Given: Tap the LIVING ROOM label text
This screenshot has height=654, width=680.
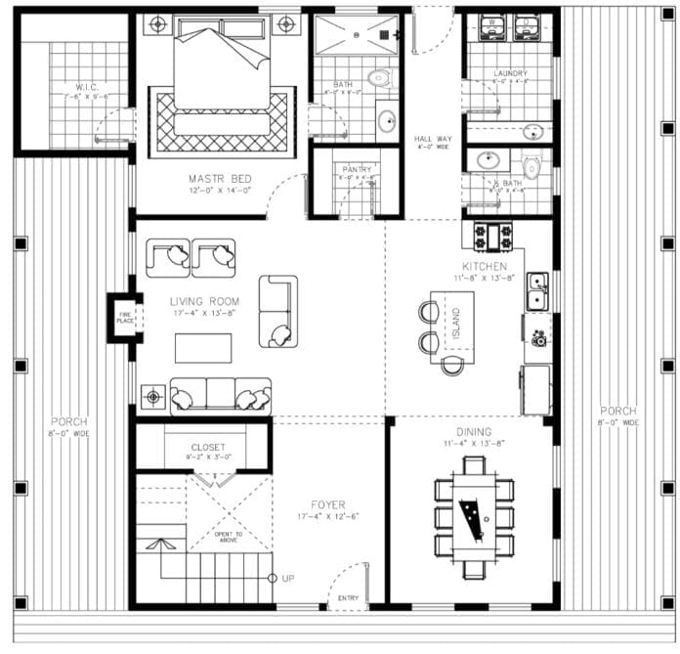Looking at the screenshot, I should coord(204,301).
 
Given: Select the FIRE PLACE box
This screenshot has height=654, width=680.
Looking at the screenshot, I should coord(125,316).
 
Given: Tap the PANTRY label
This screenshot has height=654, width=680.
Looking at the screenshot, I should coord(357,169).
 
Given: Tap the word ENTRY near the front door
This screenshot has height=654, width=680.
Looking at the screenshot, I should coord(348,597).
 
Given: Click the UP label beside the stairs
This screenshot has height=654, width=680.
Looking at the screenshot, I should coord(288,579).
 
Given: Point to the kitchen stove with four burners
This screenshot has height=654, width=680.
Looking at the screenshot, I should coord(493,235).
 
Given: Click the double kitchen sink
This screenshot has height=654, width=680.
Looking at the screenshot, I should coord(536,288).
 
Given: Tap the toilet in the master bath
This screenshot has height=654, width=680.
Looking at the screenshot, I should coord(378,77).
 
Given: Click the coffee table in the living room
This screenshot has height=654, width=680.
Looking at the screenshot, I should coord(203,348).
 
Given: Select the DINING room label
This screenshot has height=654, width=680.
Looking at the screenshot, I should coord(473,431).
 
